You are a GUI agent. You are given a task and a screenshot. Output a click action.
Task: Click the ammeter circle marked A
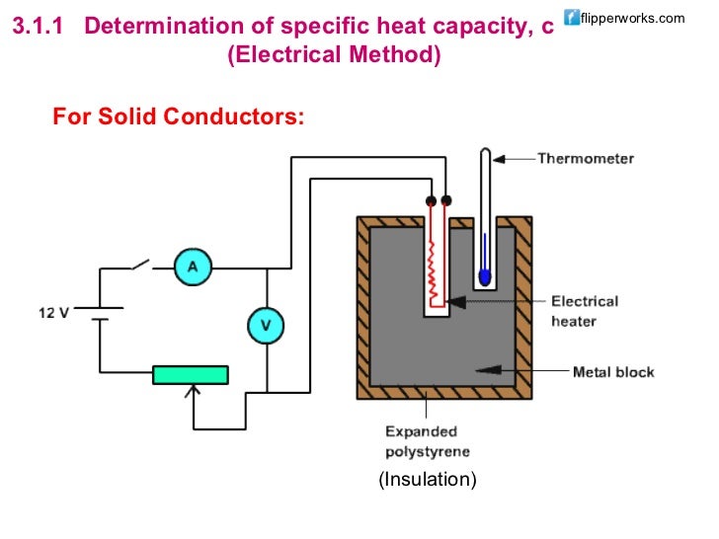193,267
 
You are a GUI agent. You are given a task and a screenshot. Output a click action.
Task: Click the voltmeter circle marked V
266,325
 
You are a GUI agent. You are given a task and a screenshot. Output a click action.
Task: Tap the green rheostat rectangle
190,374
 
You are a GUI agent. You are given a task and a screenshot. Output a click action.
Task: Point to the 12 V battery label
55,312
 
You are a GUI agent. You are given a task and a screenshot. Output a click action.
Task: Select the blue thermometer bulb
484,274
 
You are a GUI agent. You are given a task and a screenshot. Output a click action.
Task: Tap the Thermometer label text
585,158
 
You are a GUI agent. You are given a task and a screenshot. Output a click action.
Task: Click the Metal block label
612,372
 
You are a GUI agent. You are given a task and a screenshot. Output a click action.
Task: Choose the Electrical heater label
585,311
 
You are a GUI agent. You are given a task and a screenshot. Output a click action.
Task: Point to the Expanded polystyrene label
422,442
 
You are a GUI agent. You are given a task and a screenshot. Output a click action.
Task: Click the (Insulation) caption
427,480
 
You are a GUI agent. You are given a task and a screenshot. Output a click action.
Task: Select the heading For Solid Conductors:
179,117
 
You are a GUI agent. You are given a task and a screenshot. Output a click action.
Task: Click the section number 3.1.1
37,27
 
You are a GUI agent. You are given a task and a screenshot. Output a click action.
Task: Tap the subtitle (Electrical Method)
334,54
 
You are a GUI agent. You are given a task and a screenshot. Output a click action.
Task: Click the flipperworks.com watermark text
633,18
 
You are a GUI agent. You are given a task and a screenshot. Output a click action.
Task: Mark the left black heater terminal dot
430,201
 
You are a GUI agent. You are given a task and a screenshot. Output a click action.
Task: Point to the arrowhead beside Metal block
483,372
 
